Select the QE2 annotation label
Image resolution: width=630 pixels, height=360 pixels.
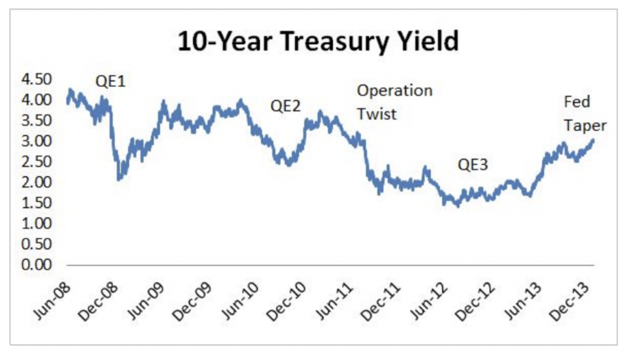point(285,106)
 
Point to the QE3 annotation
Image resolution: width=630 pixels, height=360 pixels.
point(473,165)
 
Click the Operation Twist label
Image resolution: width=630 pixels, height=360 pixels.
point(394,102)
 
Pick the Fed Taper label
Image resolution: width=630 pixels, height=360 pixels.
point(585,114)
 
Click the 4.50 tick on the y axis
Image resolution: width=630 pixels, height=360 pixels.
point(37,80)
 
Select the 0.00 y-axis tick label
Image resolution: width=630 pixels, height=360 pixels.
point(37,265)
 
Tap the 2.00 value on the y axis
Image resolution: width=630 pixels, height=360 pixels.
point(37,182)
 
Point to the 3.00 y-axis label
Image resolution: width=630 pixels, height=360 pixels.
point(37,141)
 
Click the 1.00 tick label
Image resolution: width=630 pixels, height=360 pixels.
point(37,223)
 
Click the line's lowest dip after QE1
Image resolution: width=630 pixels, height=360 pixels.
point(119,178)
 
